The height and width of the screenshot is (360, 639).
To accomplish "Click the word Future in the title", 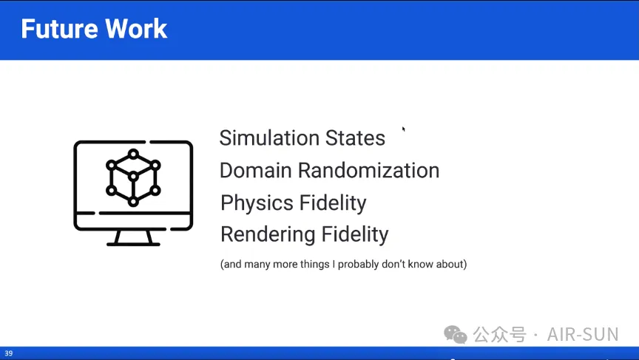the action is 58,29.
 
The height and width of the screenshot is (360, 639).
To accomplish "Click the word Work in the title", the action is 135,29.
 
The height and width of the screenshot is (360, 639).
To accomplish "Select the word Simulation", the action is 264,137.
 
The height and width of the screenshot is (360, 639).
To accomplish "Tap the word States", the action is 350,137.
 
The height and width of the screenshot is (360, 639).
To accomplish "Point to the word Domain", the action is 255,170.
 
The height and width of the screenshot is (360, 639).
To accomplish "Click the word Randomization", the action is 368,170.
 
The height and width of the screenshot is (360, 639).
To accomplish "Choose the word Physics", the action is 257,203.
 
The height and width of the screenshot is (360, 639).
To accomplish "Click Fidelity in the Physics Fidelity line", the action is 333,203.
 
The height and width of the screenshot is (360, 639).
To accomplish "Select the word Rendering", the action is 267,234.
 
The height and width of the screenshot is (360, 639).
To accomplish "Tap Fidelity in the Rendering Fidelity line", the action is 355,234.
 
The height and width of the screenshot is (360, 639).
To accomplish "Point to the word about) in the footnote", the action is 452,265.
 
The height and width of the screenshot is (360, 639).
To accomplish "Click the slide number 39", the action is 9,353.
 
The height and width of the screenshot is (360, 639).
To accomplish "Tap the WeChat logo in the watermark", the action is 455,335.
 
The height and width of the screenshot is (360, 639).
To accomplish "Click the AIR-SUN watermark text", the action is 583,335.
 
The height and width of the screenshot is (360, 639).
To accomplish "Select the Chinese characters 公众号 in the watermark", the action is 500,335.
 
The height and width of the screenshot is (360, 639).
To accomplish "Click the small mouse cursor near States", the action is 404,129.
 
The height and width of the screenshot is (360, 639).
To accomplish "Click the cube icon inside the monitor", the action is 133,177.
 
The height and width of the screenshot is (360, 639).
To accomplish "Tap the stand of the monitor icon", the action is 133,238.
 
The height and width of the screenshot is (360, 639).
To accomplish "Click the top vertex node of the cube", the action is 133,154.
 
